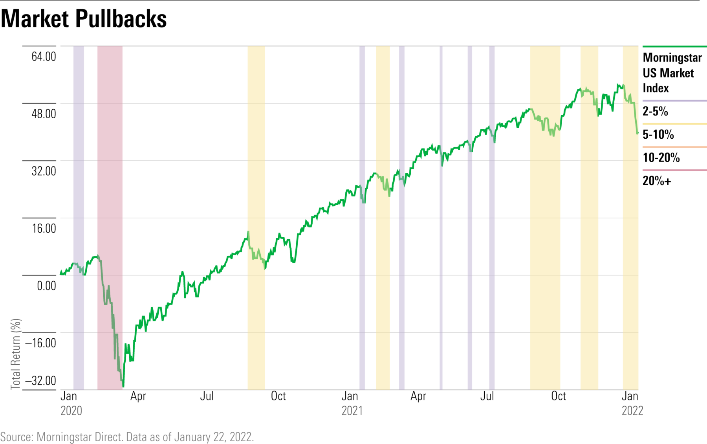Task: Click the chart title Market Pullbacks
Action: tap(84, 18)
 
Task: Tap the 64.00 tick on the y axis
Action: tap(44, 57)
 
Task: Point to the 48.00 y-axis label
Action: tap(44, 114)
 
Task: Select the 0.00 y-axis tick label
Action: tap(46, 286)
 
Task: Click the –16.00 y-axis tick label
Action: tap(41, 343)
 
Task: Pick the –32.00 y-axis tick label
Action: tap(41, 381)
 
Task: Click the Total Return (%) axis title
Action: tap(16, 354)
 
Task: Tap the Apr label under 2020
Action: tap(138, 396)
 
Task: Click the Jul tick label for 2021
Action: tap(487, 396)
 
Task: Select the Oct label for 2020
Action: tap(278, 396)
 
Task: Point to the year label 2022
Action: tap(632, 411)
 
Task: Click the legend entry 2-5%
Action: tap(655, 111)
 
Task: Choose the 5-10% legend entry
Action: tap(658, 134)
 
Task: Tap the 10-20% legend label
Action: tap(661, 158)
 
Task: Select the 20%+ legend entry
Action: tap(657, 181)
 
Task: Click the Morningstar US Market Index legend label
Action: tap(672, 73)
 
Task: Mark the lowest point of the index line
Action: tap(123, 386)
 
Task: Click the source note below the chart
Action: tap(127, 437)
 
